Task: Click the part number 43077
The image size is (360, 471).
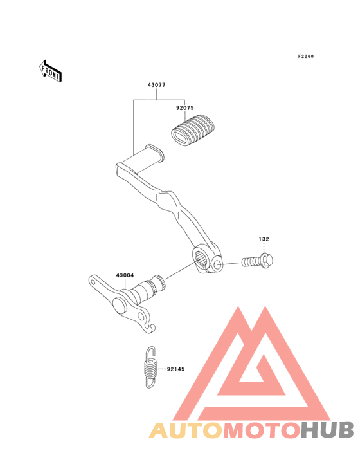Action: (x=157, y=85)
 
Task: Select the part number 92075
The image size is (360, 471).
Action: (x=184, y=108)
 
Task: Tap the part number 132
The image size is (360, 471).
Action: (x=264, y=239)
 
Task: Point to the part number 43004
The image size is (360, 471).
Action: (x=125, y=275)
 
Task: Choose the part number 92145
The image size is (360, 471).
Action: (x=175, y=369)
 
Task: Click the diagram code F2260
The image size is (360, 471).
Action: (x=306, y=56)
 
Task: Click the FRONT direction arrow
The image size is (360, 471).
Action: (x=50, y=71)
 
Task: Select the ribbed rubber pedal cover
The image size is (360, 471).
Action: (x=193, y=131)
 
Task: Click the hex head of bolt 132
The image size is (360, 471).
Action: (x=266, y=260)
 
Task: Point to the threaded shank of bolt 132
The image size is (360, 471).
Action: (x=251, y=262)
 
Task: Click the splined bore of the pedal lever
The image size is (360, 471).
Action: (x=201, y=258)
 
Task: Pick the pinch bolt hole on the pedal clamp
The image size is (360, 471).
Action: (x=218, y=265)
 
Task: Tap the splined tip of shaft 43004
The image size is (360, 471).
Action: (x=160, y=282)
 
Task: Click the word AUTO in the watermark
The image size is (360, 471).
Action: (x=186, y=430)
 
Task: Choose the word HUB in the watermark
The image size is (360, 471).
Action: (x=327, y=430)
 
